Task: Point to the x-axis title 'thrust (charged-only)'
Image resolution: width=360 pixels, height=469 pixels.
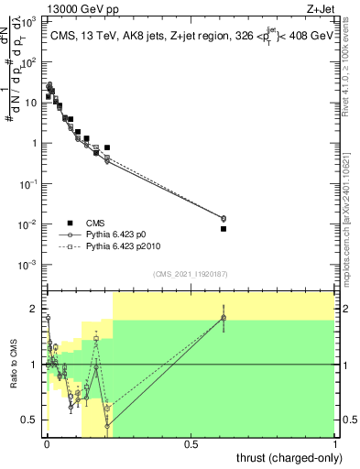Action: click(x=287, y=457)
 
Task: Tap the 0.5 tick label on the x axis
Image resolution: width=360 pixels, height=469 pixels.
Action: click(x=191, y=444)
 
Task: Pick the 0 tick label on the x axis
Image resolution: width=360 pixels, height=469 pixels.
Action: click(x=47, y=444)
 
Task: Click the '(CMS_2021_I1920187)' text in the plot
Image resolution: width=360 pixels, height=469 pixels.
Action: click(x=191, y=273)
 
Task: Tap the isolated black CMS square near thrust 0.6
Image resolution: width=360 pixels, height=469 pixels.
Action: click(x=224, y=229)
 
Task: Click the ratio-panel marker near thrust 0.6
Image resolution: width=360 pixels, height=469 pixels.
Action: click(x=224, y=318)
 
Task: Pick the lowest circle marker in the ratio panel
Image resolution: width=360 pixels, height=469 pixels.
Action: click(x=107, y=426)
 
